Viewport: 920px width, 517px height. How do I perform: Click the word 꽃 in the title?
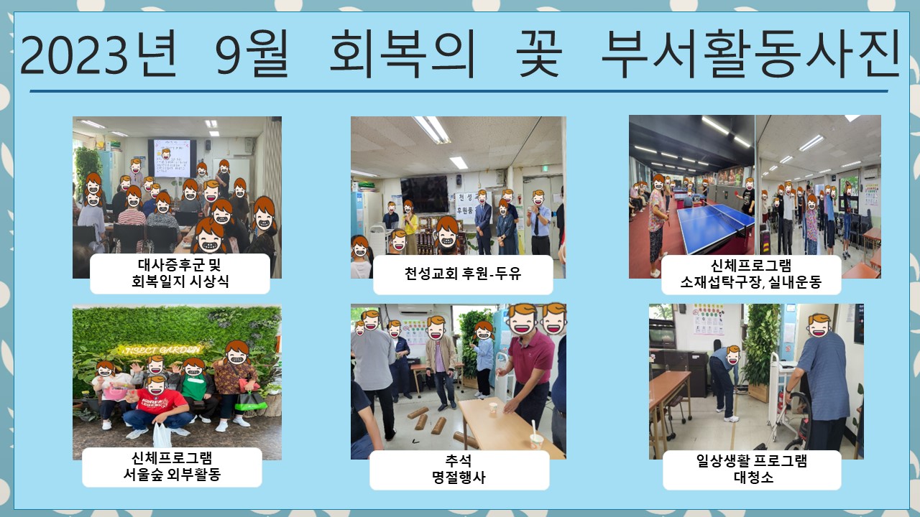point(539,54)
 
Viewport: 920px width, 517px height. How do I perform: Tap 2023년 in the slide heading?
point(98,54)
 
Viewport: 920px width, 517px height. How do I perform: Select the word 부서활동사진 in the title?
point(751,54)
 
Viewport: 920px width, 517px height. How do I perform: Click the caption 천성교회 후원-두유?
point(463,274)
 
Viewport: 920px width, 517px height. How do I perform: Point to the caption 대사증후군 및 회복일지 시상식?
point(180,273)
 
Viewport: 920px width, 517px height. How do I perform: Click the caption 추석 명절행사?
point(459,469)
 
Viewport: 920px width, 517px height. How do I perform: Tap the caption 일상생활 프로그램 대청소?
point(752,469)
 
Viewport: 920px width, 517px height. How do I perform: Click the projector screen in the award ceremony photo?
point(172,159)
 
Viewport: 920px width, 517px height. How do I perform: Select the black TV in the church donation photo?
point(424,194)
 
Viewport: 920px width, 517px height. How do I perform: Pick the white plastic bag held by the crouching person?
point(162,435)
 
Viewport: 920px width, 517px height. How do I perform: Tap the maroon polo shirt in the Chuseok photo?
point(531,356)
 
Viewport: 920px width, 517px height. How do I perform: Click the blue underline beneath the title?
point(459,91)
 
